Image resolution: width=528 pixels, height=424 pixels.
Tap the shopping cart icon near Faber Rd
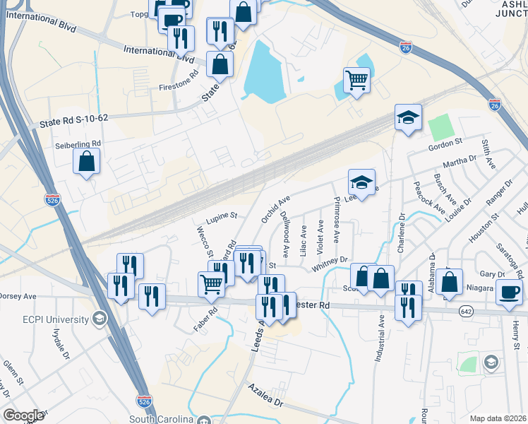click(x=212, y=283)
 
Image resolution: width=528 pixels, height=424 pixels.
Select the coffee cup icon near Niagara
click(x=510, y=291)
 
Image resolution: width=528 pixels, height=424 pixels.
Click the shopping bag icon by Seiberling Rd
click(x=86, y=162)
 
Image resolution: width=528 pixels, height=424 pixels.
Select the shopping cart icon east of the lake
click(x=357, y=79)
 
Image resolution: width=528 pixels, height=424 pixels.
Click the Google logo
click(x=23, y=416)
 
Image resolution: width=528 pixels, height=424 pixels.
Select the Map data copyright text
click(x=498, y=418)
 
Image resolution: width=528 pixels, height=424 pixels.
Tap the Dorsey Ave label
click(x=18, y=296)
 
